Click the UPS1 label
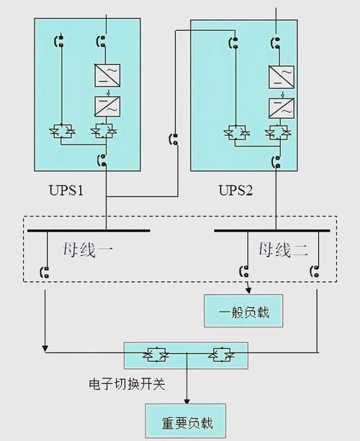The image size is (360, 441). tap(66, 191)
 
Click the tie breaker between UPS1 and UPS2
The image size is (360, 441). tap(173, 139)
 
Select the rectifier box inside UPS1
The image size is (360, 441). tap(107, 76)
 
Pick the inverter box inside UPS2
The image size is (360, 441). tap(280, 108)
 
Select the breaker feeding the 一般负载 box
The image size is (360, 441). tap(245, 273)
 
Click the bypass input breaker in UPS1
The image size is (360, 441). tap(60, 41)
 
